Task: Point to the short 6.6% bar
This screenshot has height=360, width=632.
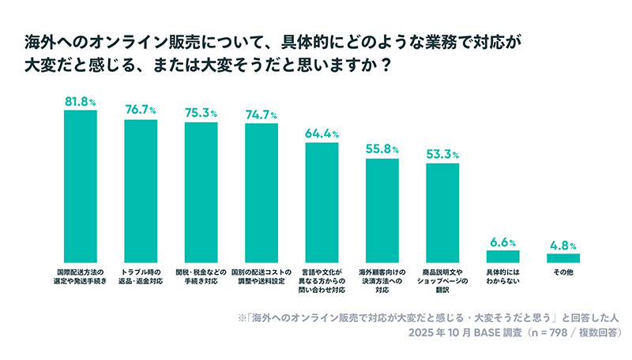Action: pos(502,257)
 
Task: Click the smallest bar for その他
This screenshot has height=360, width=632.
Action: pos(562,258)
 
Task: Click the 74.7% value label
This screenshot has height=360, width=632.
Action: pos(261,114)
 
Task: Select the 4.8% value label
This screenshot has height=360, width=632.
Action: pos(562,246)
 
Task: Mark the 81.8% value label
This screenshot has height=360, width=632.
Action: pos(80,102)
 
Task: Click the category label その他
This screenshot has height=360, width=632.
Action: pos(562,272)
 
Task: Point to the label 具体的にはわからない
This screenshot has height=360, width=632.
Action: pos(502,276)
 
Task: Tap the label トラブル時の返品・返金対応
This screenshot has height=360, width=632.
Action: pos(141,276)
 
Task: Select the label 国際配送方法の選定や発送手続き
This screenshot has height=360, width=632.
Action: pos(80,276)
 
